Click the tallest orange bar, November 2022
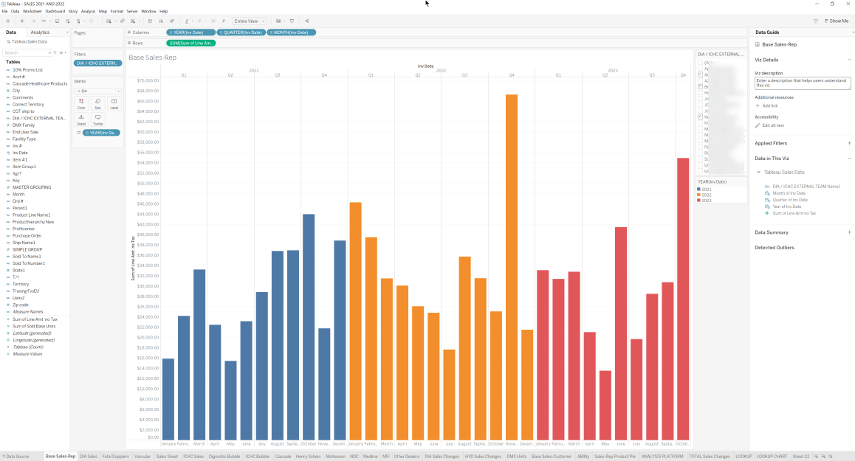pyautogui.click(x=511, y=266)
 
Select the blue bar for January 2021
pyautogui.click(x=168, y=398)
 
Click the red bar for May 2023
pyautogui.click(x=605, y=405)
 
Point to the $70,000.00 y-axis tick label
pyautogui.click(x=148, y=80)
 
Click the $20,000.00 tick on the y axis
pyautogui.click(x=148, y=337)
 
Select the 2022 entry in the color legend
pyautogui.click(x=707, y=195)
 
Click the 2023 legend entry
pyautogui.click(x=707, y=201)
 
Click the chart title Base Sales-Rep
pyautogui.click(x=152, y=58)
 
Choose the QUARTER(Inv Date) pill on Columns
pyautogui.click(x=241, y=32)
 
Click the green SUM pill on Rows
pyautogui.click(x=191, y=44)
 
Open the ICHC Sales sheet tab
pyautogui.click(x=193, y=457)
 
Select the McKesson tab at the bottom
pyautogui.click(x=335, y=457)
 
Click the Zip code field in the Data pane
pyautogui.click(x=21, y=305)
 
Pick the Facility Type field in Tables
pyautogui.click(x=24, y=139)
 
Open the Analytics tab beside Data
pyautogui.click(x=40, y=32)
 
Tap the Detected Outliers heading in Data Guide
pyautogui.click(x=774, y=248)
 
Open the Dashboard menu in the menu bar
pyautogui.click(x=55, y=11)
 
